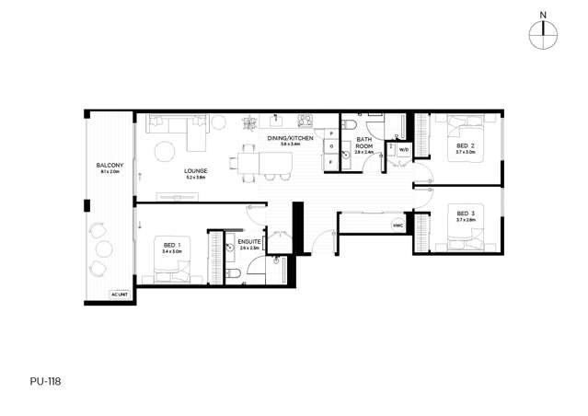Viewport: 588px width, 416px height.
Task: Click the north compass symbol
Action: (544, 33)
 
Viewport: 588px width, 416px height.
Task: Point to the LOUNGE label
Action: (194, 170)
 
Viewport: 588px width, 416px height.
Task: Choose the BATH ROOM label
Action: (363, 144)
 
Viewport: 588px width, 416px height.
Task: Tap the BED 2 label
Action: (465, 146)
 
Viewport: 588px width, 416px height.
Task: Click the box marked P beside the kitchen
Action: (330, 133)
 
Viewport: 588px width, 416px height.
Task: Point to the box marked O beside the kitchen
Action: (330, 147)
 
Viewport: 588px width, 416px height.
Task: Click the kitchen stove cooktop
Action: (305, 120)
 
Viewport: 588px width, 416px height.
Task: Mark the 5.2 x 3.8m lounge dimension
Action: (194, 177)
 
